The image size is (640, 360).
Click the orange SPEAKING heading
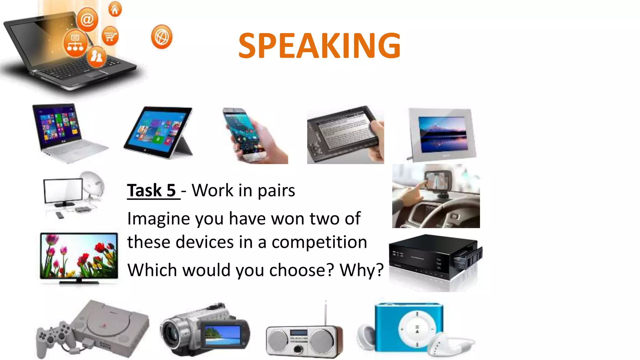319,46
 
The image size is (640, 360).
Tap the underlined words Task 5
152,190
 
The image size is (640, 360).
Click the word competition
319,242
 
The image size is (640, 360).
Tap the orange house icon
115,10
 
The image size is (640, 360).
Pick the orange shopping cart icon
110,36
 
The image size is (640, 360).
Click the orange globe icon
162,37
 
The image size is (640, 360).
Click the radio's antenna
326,312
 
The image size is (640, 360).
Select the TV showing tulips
79,256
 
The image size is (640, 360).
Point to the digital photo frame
442,134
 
